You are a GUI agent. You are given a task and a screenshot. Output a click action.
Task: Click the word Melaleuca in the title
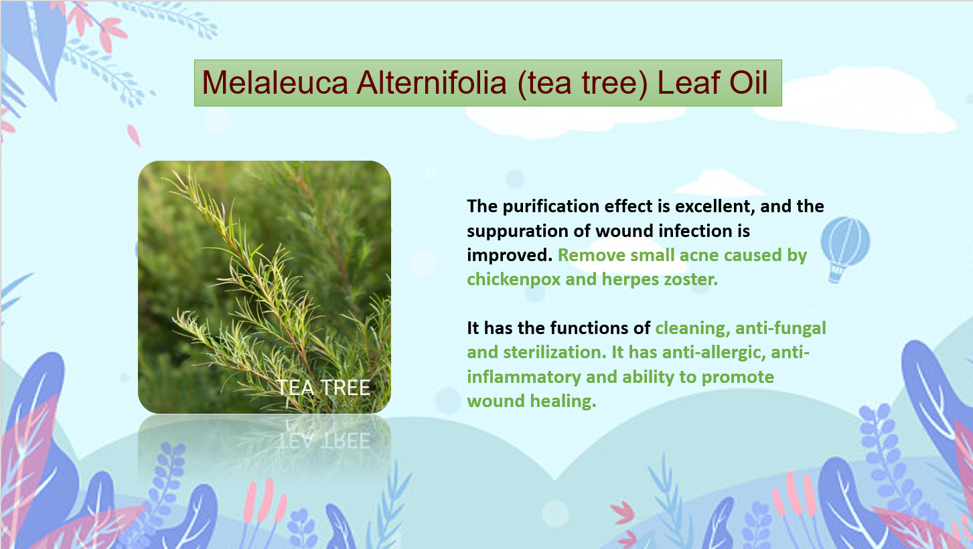click(x=275, y=82)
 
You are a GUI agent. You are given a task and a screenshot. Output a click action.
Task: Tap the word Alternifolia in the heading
click(x=432, y=82)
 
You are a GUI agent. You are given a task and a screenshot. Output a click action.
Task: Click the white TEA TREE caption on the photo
click(x=323, y=388)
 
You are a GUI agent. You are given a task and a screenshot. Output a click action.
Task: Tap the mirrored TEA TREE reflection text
click(x=323, y=441)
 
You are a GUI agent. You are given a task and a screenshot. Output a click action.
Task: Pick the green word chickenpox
click(x=514, y=280)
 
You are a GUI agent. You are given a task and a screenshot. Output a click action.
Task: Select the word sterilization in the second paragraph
click(x=554, y=352)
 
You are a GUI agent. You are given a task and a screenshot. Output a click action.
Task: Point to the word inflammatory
click(x=524, y=377)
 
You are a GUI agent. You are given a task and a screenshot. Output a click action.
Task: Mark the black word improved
click(x=510, y=256)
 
